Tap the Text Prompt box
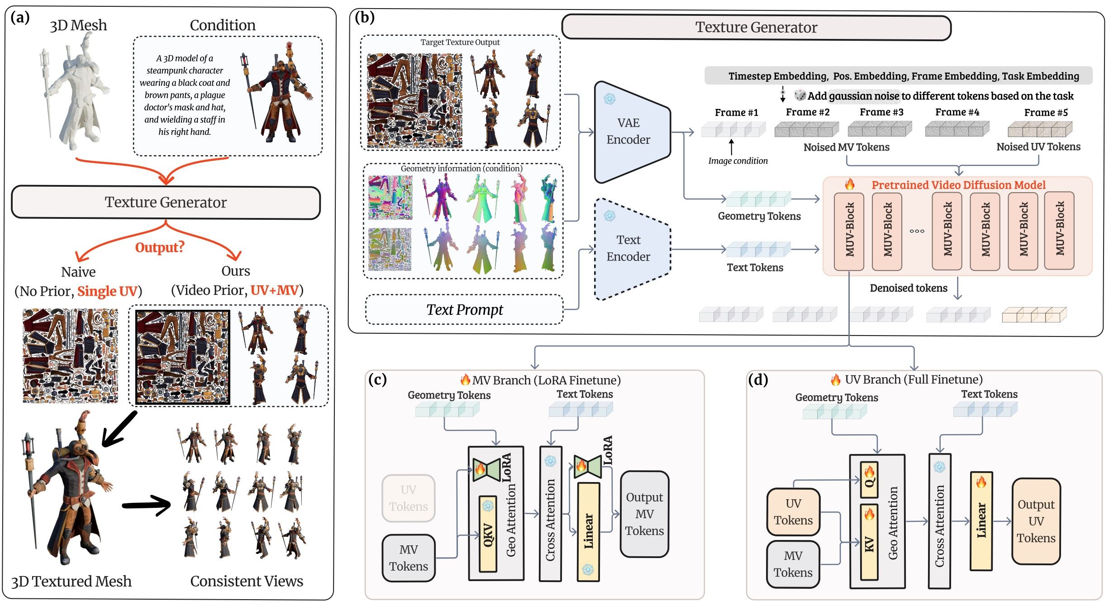(x=464, y=310)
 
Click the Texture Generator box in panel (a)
(x=166, y=202)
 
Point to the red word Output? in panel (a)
(x=160, y=247)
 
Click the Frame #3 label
(x=881, y=112)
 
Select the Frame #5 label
(x=1046, y=113)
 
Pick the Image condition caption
(x=738, y=161)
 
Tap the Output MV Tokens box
(x=644, y=514)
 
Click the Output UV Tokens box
(x=1036, y=521)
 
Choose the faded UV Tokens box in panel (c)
(x=408, y=498)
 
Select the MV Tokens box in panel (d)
(x=793, y=564)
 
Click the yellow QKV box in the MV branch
(x=488, y=534)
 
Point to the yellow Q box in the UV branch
(x=869, y=479)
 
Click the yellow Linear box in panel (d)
(x=981, y=521)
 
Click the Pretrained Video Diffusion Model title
(x=958, y=185)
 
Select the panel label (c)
(x=377, y=379)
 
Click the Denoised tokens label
(x=908, y=288)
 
